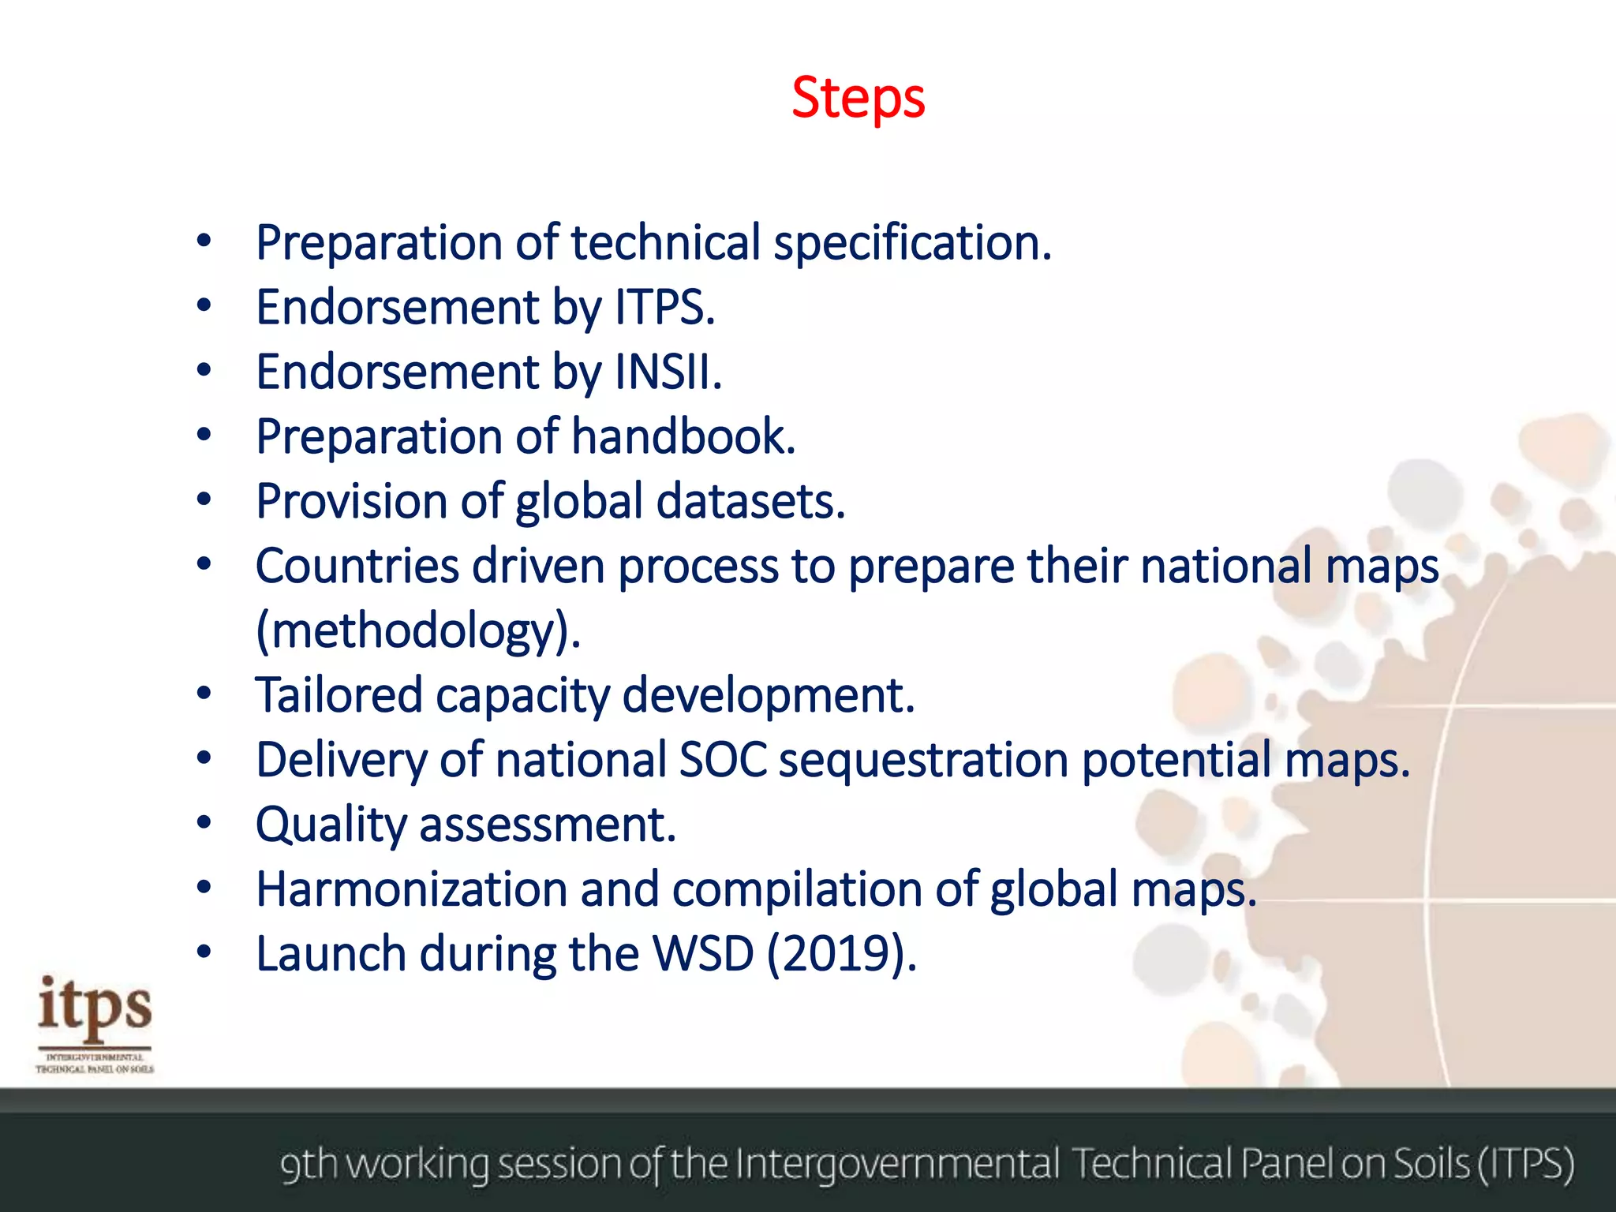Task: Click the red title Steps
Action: click(x=858, y=99)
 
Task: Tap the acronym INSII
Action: click(x=668, y=372)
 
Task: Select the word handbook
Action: click(x=683, y=436)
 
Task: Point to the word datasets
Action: click(x=750, y=501)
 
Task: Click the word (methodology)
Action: click(x=418, y=631)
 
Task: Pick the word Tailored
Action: click(x=339, y=695)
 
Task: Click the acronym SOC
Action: click(x=723, y=760)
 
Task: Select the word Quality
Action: click(x=331, y=825)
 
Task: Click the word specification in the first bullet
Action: click(x=912, y=242)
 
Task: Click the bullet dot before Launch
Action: click(x=204, y=952)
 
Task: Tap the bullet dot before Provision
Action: click(x=204, y=499)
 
